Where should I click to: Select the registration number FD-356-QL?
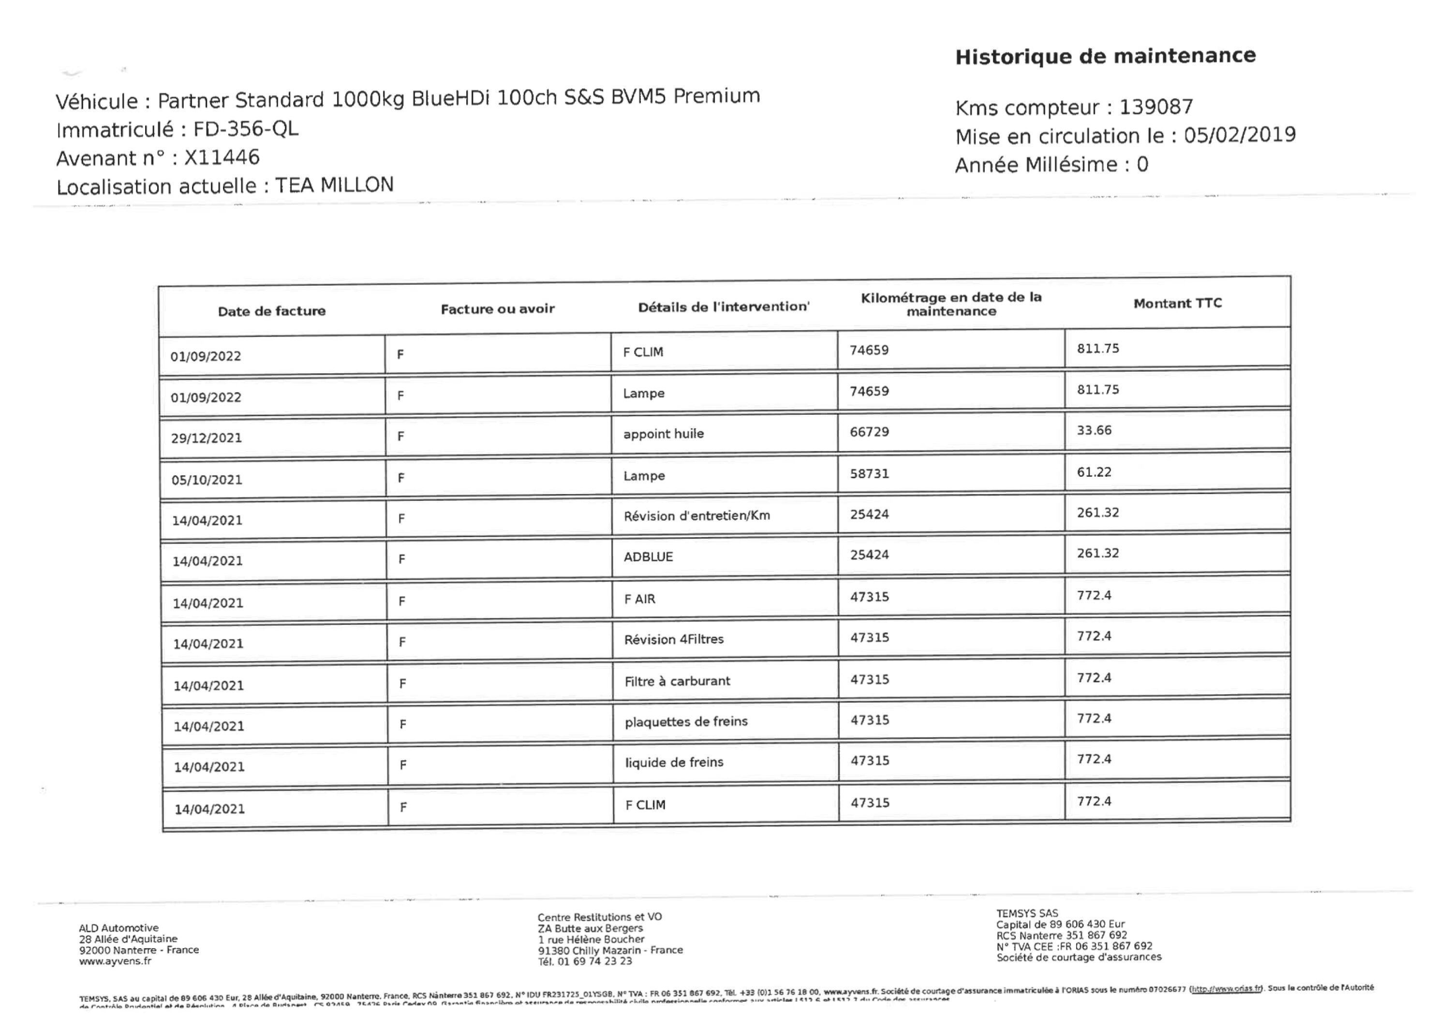[246, 129]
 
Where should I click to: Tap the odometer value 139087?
[1156, 107]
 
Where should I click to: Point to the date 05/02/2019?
[1239, 134]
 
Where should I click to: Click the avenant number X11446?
[222, 157]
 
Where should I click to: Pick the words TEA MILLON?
[334, 185]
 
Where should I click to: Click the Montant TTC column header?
[1177, 303]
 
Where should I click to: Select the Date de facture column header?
[272, 311]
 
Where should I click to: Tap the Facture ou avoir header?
[497, 309]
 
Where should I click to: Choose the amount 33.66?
[1094, 430]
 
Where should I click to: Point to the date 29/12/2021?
[206, 438]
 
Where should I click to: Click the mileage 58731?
[869, 473]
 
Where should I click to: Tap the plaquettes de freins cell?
[686, 721]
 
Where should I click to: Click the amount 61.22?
[1094, 472]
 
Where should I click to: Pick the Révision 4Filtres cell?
[674, 639]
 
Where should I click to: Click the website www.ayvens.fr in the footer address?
[115, 961]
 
